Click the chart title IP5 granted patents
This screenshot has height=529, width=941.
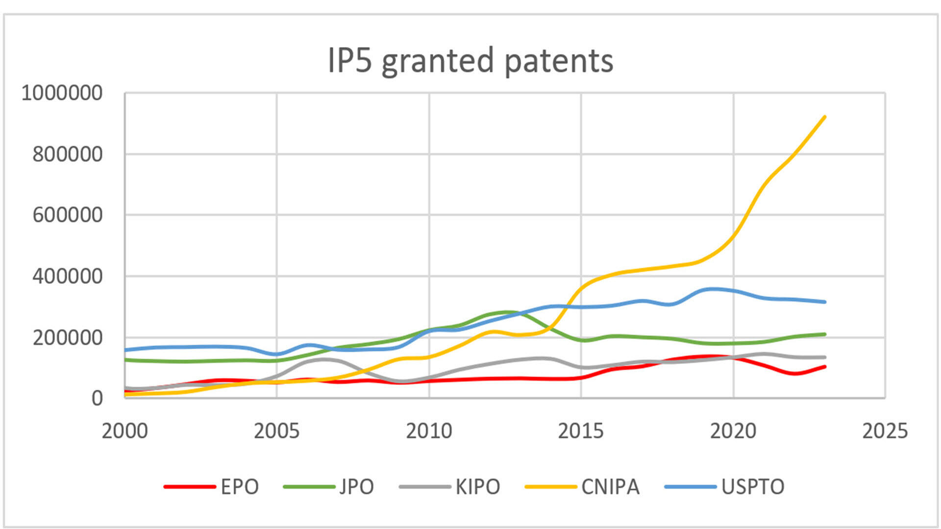[x=470, y=61]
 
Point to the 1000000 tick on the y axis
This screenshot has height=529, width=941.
[x=62, y=93]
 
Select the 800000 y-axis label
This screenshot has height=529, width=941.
[x=67, y=154]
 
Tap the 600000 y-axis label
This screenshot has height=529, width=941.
[x=67, y=215]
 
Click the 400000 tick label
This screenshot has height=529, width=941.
[x=67, y=276]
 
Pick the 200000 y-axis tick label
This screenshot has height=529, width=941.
[x=67, y=337]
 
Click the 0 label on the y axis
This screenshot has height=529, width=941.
[x=97, y=398]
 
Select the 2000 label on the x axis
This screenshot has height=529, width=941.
[x=124, y=431]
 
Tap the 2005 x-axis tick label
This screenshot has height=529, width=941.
[x=276, y=431]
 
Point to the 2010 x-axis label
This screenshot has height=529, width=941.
[x=429, y=431]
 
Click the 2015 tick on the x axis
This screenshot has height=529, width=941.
[x=581, y=431]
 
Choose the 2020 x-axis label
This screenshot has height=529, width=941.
[x=733, y=431]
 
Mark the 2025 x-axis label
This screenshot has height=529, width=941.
[x=885, y=431]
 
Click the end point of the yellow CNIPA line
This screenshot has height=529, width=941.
[x=825, y=117]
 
